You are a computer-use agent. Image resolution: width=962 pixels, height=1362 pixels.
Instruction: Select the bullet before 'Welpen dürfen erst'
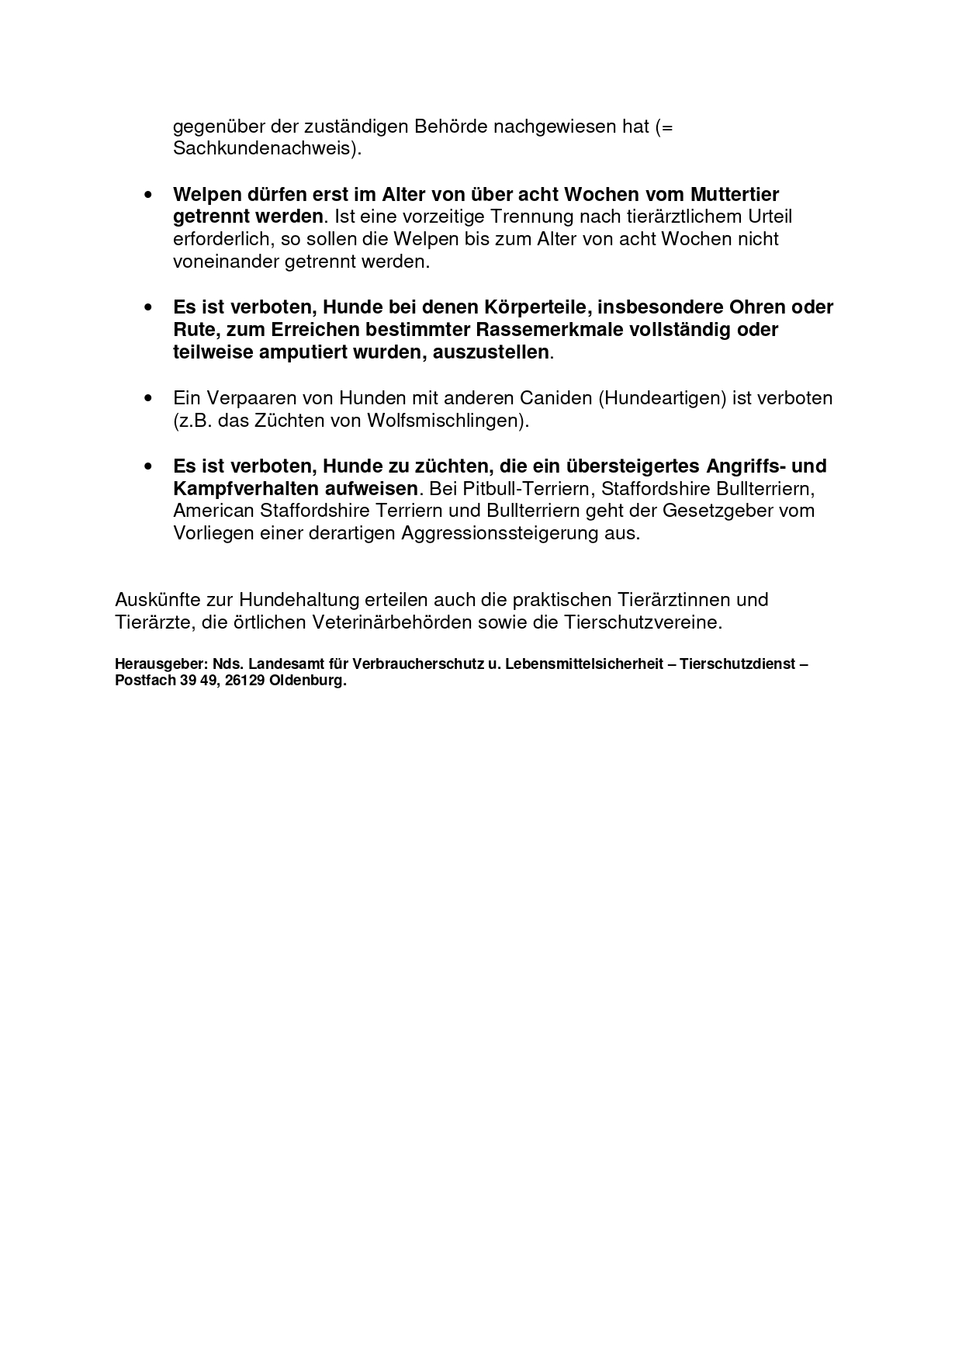tap(147, 194)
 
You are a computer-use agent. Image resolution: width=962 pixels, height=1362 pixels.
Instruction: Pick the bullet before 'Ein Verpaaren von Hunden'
tap(147, 398)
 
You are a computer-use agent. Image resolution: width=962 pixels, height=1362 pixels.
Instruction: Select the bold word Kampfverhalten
tap(240, 489)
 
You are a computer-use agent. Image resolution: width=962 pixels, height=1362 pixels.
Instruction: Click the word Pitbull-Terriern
tap(528, 489)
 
